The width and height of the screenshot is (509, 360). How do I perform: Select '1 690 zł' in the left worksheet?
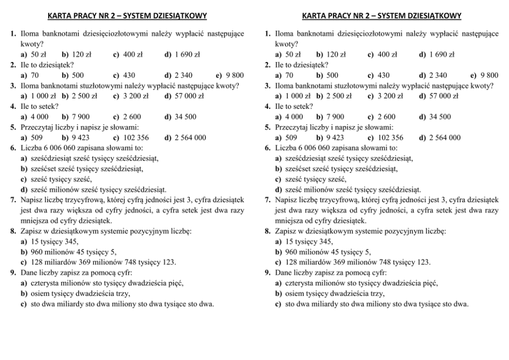(187, 54)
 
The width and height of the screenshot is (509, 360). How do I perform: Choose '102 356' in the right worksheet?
(390, 137)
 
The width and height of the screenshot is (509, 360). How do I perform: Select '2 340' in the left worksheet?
(183, 75)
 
